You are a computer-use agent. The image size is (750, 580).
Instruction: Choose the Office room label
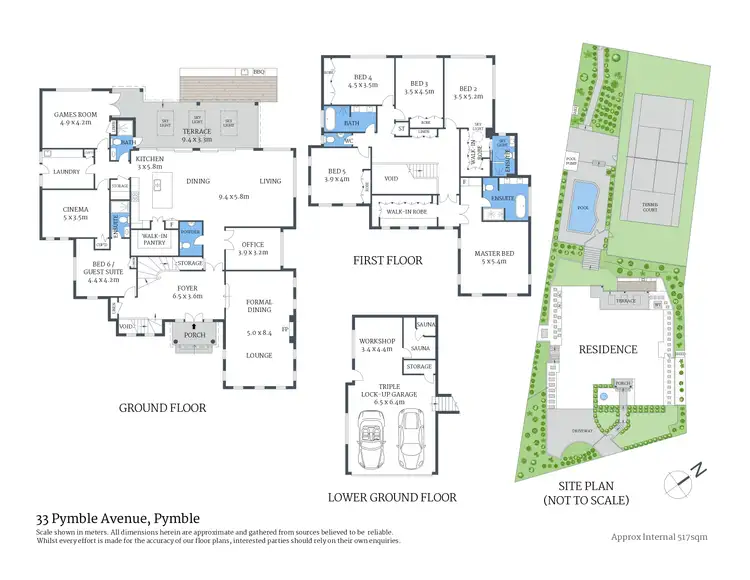pyautogui.click(x=252, y=249)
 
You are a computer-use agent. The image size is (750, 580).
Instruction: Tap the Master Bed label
pyautogui.click(x=493, y=257)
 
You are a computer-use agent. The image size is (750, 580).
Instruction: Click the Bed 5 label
pyautogui.click(x=337, y=175)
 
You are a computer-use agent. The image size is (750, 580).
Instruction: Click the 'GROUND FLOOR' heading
pyautogui.click(x=162, y=408)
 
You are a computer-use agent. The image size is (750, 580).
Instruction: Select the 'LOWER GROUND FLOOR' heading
pyautogui.click(x=392, y=497)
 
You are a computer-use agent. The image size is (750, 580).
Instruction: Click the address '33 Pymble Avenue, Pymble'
pyautogui.click(x=118, y=518)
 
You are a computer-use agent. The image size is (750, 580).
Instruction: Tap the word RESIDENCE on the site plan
pyautogui.click(x=607, y=350)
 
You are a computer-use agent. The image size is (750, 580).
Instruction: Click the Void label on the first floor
pyautogui.click(x=392, y=180)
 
